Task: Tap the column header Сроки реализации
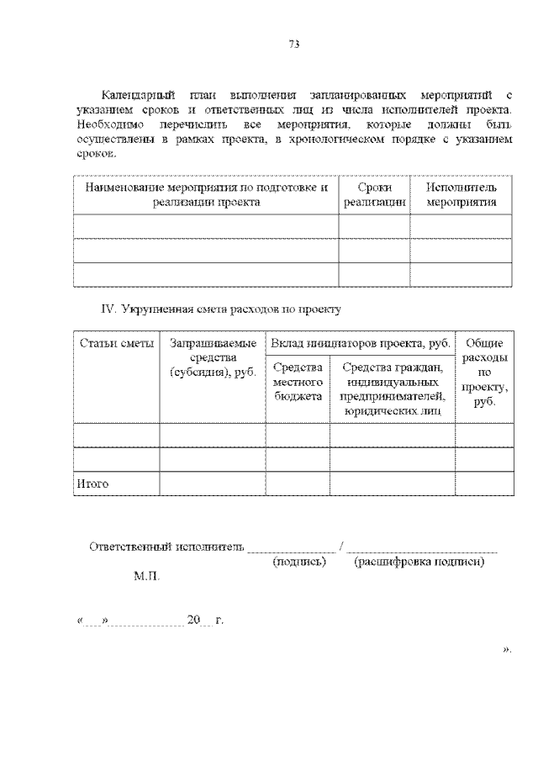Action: (x=374, y=194)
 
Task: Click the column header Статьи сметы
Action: (x=116, y=343)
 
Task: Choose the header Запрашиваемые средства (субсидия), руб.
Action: (x=213, y=357)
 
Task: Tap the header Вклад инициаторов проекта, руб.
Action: (x=361, y=343)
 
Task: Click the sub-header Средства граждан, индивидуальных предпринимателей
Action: (x=392, y=388)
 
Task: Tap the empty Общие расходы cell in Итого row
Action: (x=483, y=484)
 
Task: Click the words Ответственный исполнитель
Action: (x=166, y=547)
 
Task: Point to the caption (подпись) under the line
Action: (x=300, y=561)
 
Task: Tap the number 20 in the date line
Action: (x=194, y=621)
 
